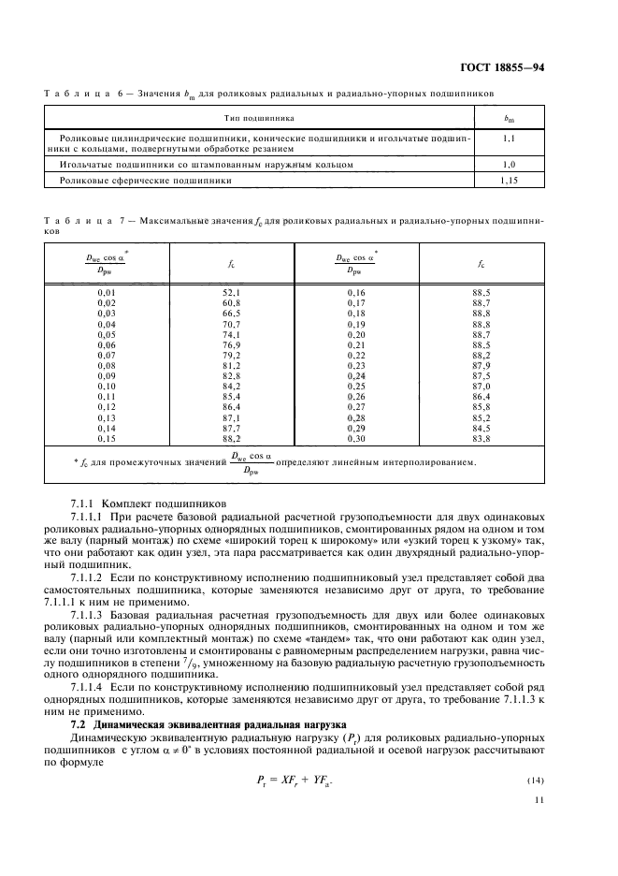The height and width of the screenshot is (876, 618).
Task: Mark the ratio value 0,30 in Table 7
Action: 356,438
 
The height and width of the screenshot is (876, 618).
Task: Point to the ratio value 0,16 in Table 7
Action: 356,293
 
